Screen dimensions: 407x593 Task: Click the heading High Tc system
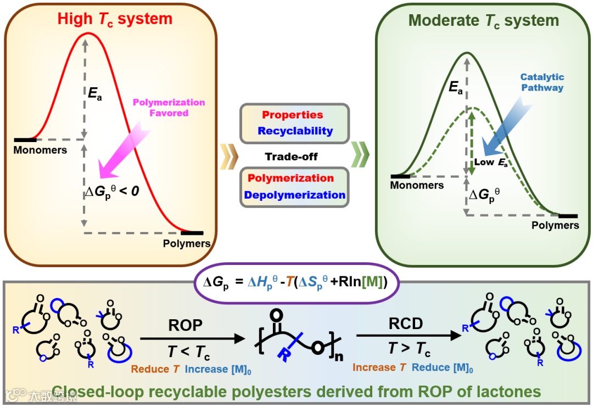pyautogui.click(x=115, y=19)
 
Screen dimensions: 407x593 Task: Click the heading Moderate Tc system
pyautogui.click(x=484, y=21)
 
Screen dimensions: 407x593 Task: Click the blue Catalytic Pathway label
pyautogui.click(x=542, y=82)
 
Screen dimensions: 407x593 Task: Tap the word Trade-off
pyautogui.click(x=292, y=156)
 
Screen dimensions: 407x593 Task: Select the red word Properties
pyautogui.click(x=293, y=115)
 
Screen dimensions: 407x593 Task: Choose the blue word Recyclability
pyautogui.click(x=295, y=131)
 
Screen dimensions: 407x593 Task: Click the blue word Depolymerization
pyautogui.click(x=295, y=195)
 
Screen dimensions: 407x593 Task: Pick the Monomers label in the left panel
pyautogui.click(x=41, y=150)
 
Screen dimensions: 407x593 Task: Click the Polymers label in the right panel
pyautogui.click(x=555, y=225)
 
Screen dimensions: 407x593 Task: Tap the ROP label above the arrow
pyautogui.click(x=185, y=325)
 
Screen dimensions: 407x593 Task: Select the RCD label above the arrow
pyautogui.click(x=405, y=324)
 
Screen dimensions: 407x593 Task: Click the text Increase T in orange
pyautogui.click(x=379, y=368)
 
